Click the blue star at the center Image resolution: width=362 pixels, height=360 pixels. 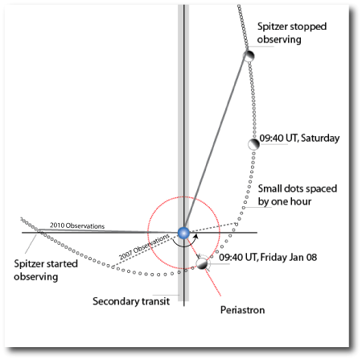point(183,233)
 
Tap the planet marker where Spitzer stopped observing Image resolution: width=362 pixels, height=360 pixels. point(249,56)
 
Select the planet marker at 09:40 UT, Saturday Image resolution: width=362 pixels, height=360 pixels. point(253,144)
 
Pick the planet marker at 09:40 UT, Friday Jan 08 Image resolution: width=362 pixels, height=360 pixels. point(202,263)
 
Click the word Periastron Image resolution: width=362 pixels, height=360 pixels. point(242,310)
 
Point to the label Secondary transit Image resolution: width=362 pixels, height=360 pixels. point(131,301)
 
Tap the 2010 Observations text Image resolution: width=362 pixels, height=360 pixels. point(77,226)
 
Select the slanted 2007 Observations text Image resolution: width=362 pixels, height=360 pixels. point(144,247)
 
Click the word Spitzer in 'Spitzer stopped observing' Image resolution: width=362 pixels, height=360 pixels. point(272,27)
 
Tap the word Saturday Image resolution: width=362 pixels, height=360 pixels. point(320,139)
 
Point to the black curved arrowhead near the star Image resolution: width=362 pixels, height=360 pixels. point(196,236)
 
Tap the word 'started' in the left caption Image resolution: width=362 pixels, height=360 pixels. point(61,264)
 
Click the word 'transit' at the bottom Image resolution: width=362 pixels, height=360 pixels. point(155,301)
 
